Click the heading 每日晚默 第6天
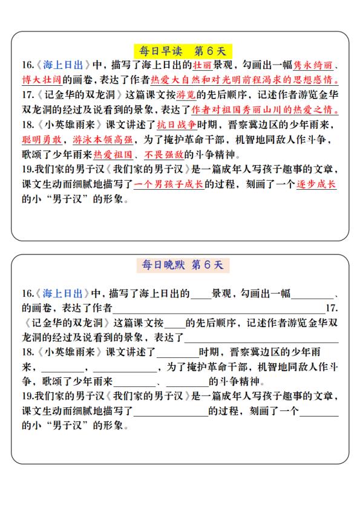point(180,265)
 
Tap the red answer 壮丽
point(201,65)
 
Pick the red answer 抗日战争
point(177,125)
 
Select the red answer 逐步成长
point(316,184)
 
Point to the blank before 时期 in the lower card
point(177,354)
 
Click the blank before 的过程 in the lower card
point(171,413)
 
